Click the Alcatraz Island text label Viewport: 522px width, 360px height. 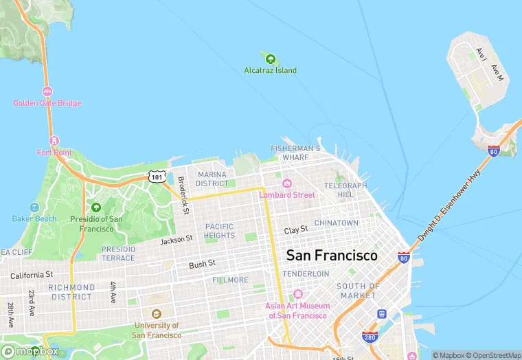[271, 70]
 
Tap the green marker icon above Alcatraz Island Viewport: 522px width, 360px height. [271, 59]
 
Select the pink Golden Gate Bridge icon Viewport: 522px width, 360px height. [47, 91]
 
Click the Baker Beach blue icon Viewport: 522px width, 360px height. [34, 207]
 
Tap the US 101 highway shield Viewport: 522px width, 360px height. [158, 177]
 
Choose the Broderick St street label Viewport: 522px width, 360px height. [182, 194]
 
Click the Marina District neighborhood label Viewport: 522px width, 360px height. [212, 179]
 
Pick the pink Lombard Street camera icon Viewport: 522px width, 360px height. [287, 183]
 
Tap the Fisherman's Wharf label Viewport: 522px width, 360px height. [295, 153]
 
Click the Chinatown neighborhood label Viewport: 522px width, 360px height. [337, 223]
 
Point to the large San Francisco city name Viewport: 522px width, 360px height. [332, 256]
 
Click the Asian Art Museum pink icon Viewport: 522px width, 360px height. [297, 294]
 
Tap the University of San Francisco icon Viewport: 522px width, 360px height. [157, 313]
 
